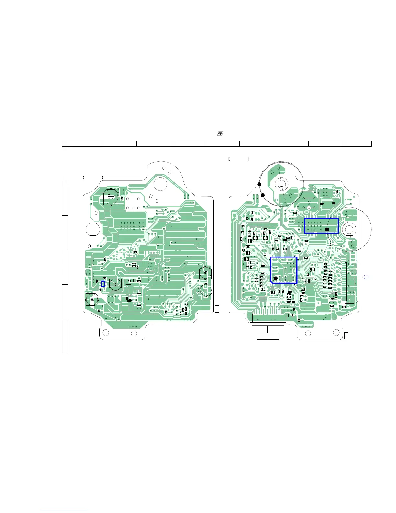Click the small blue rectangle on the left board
click(103, 284)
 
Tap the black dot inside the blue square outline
click(275, 278)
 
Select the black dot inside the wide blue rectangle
click(327, 229)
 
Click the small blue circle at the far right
click(366, 277)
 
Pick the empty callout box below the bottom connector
click(268, 336)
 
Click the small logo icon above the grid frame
click(220, 134)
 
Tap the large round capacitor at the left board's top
click(111, 197)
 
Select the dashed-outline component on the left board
click(129, 298)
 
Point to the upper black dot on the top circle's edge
click(259, 184)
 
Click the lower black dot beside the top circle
click(263, 195)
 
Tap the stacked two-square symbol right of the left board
click(217, 309)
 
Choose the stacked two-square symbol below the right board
click(346, 336)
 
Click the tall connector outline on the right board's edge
click(350, 281)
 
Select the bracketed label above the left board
click(93, 177)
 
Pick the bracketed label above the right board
click(238, 159)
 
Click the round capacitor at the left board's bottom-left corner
click(92, 299)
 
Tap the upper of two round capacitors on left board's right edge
click(205, 272)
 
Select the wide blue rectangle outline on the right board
click(321, 225)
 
